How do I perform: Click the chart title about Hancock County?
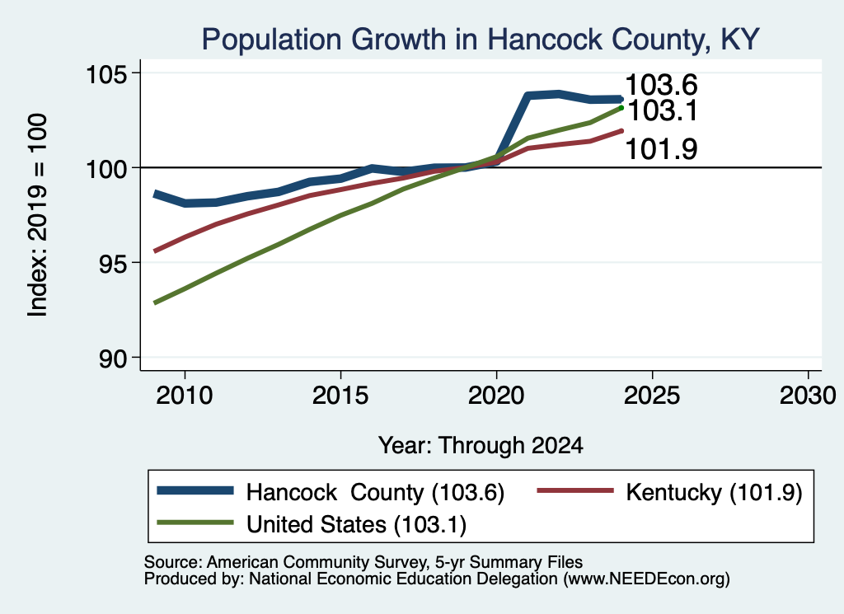pos(481,40)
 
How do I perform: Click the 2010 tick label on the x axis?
pos(185,396)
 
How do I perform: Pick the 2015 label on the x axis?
pos(340,396)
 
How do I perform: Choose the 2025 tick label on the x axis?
pos(652,396)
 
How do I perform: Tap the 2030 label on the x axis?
pos(808,396)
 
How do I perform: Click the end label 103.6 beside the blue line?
pos(662,85)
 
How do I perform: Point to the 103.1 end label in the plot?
pos(663,111)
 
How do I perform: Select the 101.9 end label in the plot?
pos(662,149)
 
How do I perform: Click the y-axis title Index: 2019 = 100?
pos(38,215)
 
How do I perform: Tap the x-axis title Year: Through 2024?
pos(481,446)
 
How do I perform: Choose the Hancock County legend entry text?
pos(375,492)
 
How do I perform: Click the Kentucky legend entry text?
pos(714,492)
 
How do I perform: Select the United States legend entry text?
pos(356,525)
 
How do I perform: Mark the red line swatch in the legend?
pos(575,490)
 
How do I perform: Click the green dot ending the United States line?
pos(621,108)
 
